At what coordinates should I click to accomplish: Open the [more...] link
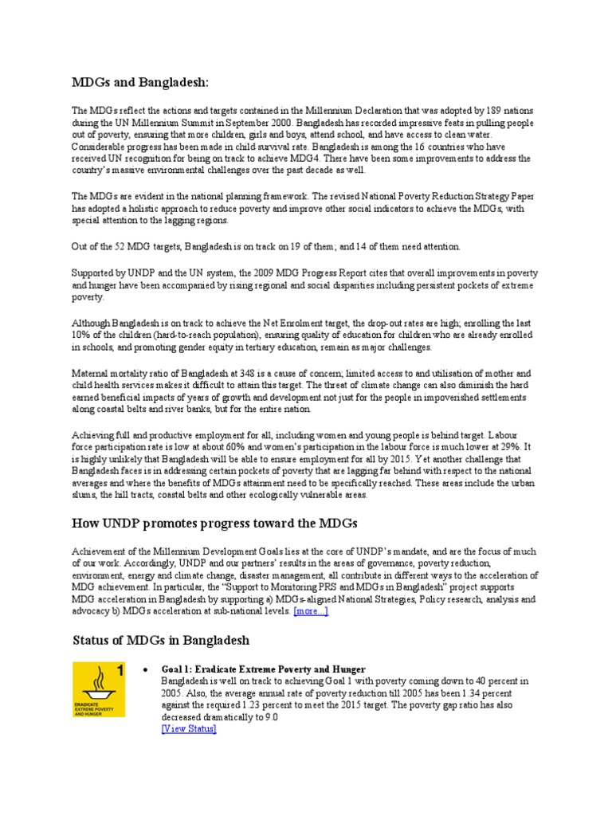coord(311,610)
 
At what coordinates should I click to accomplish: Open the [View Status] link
coord(188,728)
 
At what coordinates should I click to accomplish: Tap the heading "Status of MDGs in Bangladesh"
coord(161,640)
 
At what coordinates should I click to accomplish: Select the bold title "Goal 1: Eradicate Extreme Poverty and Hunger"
coord(263,669)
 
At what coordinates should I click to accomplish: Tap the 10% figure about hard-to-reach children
coord(82,335)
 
